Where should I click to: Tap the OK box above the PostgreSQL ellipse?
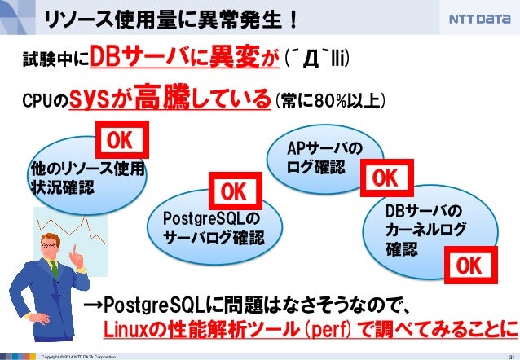point(232,191)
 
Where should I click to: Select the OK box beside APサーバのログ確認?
point(385,177)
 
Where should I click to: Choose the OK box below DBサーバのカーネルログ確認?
point(468,265)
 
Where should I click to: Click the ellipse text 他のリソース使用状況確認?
point(86,178)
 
